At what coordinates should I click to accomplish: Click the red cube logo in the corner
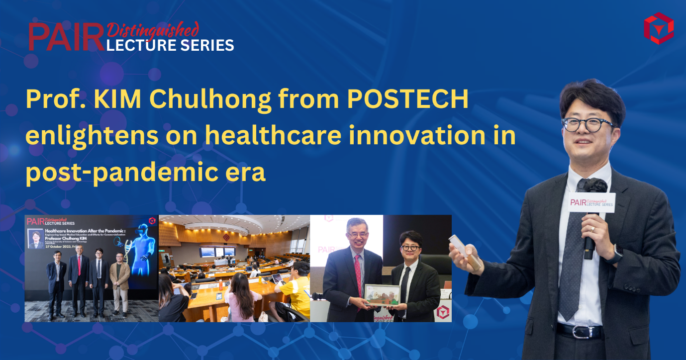[x=658, y=28]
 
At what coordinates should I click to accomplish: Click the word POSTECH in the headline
[x=408, y=100]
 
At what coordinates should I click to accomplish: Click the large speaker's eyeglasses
[x=588, y=124]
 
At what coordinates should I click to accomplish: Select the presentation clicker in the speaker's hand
[x=465, y=253]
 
